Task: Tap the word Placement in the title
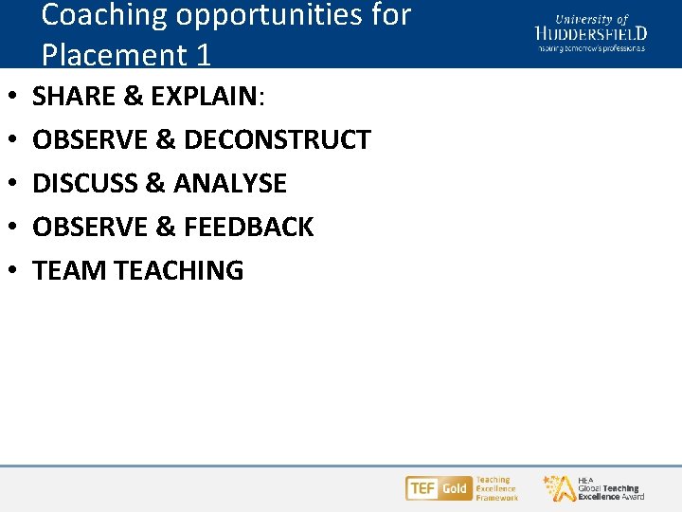tap(114, 55)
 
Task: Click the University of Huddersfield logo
tap(591, 32)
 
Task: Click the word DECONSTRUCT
tap(278, 139)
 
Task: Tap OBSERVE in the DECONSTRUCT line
tap(89, 139)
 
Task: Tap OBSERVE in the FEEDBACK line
tap(89, 227)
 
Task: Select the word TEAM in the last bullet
tap(69, 270)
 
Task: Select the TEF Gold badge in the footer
tap(438, 488)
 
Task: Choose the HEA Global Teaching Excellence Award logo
tap(594, 488)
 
